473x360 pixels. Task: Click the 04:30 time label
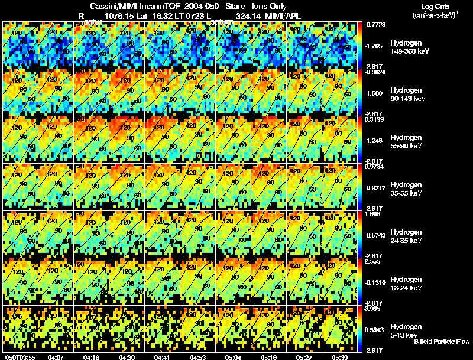127,357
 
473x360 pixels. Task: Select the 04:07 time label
56,357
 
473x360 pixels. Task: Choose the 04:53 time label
198,357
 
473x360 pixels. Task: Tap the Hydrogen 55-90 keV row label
406,142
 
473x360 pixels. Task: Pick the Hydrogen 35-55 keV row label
406,189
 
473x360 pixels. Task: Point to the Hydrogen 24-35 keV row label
406,236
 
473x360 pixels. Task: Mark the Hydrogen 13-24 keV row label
406,283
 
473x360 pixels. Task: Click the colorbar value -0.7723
377,25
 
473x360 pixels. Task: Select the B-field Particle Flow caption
442,341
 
